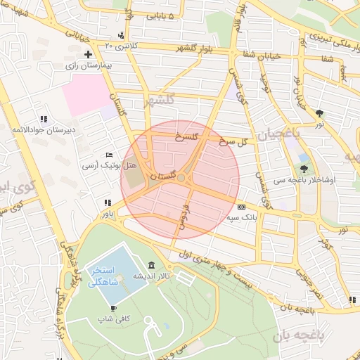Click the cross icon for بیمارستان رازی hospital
tap(88, 54)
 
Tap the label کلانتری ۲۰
tap(119, 46)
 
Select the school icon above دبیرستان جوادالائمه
tap(44, 120)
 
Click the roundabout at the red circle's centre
tap(181, 179)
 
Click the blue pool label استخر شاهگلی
tap(103, 277)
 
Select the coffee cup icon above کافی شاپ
tap(113, 308)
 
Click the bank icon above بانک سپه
tap(241, 207)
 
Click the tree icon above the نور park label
tap(320, 112)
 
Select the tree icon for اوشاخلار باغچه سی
tap(304, 168)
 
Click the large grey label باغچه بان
tap(302, 337)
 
